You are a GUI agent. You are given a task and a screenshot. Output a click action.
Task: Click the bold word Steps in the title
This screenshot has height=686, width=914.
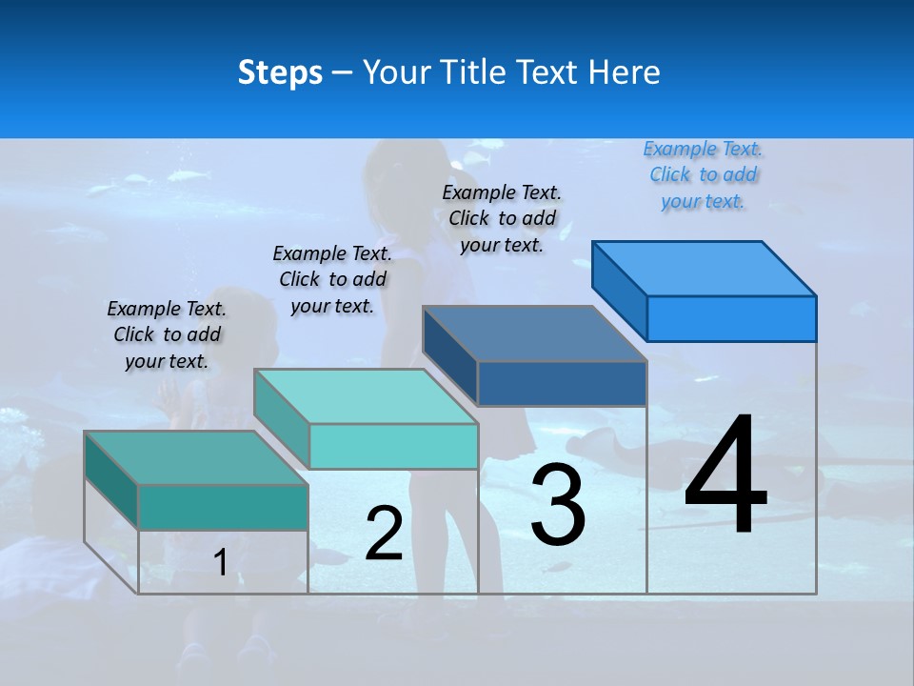pyautogui.click(x=280, y=72)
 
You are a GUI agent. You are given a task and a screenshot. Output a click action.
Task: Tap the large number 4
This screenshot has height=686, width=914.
pyautogui.click(x=725, y=476)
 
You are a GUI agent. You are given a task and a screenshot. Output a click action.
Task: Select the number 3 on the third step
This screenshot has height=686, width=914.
pyautogui.click(x=558, y=505)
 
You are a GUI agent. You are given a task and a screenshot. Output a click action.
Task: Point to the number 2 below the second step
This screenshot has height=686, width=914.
pyautogui.click(x=384, y=534)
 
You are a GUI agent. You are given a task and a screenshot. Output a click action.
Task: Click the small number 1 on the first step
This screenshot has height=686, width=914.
pyautogui.click(x=220, y=563)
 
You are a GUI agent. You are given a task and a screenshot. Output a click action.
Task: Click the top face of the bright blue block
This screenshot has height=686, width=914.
pyautogui.click(x=705, y=268)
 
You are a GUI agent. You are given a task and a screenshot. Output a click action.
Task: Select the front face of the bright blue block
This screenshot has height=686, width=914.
pyautogui.click(x=731, y=318)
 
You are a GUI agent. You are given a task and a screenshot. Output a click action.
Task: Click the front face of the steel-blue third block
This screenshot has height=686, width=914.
pyautogui.click(x=562, y=384)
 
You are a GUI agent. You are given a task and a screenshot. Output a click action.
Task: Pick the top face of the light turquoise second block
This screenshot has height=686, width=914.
pyautogui.click(x=366, y=396)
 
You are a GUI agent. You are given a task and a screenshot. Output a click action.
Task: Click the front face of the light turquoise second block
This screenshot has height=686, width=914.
pyautogui.click(x=393, y=446)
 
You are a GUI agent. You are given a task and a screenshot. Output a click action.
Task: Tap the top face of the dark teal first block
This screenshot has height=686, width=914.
pyautogui.click(x=196, y=457)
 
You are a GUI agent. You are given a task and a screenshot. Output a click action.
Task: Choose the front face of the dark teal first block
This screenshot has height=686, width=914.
pyautogui.click(x=223, y=507)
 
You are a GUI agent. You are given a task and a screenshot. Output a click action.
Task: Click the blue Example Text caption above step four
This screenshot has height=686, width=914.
pyautogui.click(x=703, y=174)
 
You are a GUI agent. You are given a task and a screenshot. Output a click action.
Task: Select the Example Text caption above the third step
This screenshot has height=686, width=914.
pyautogui.click(x=502, y=218)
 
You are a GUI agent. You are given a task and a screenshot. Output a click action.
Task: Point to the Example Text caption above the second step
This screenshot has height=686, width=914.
pyautogui.click(x=332, y=279)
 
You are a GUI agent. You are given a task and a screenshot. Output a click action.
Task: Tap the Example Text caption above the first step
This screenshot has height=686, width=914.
pyautogui.click(x=167, y=334)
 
